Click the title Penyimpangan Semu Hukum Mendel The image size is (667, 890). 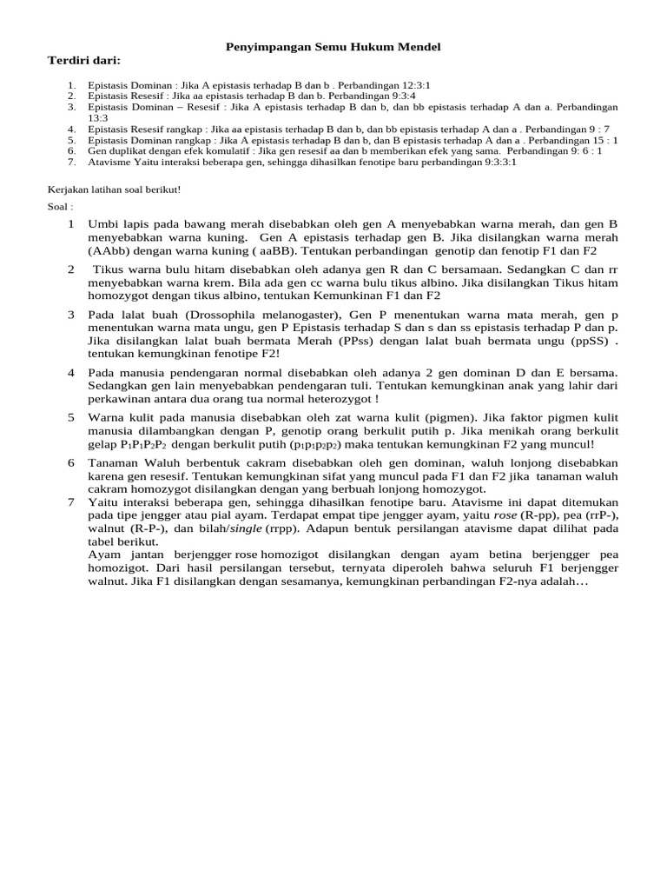pyautogui.click(x=333, y=45)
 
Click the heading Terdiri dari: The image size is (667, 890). pyautogui.click(x=83, y=59)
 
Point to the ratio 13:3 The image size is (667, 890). pyautogui.click(x=98, y=117)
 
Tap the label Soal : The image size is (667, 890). pyautogui.click(x=61, y=207)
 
